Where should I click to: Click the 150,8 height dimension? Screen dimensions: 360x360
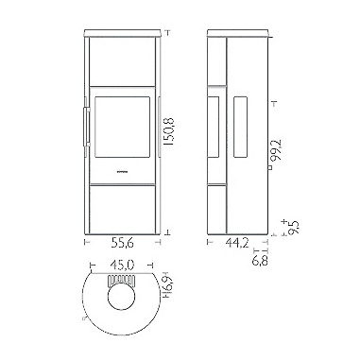click(169, 131)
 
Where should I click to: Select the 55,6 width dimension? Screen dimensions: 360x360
click(123, 243)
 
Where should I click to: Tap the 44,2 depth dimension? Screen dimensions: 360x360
click(237, 243)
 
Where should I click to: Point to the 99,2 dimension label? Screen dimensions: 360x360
click(277, 150)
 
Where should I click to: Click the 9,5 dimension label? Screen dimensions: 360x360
click(293, 227)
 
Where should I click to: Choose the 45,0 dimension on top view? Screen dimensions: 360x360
click(122, 266)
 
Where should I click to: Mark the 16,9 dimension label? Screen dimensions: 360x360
click(167, 287)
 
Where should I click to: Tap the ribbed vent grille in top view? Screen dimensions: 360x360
click(122, 280)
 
